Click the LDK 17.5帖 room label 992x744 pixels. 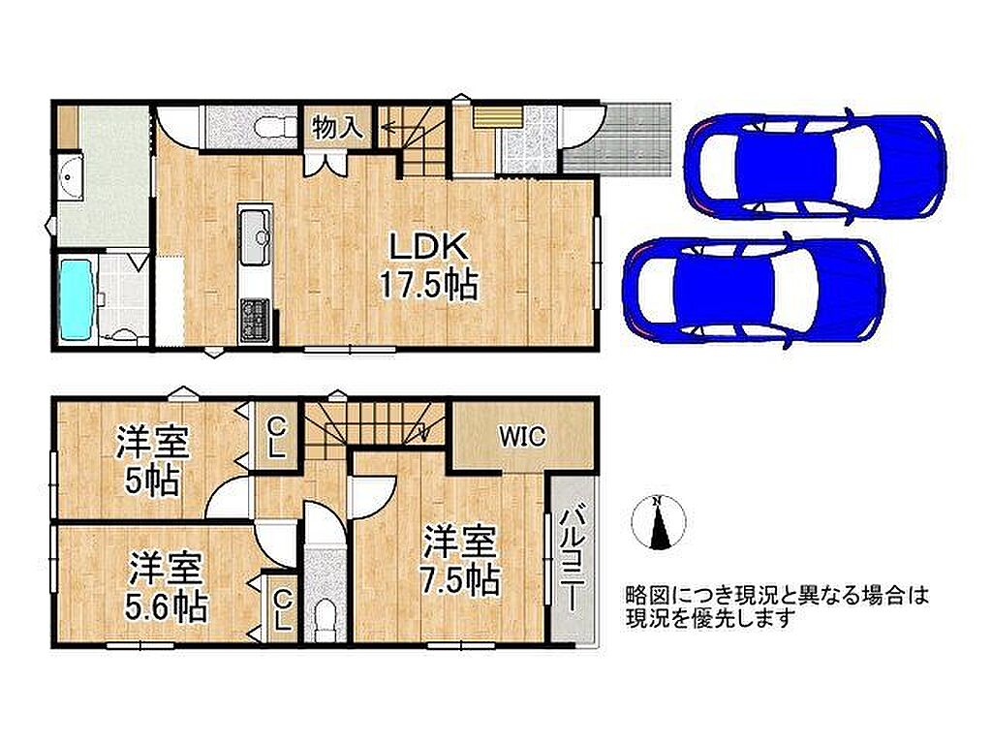[x=427, y=265]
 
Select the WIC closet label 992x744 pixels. [x=522, y=437]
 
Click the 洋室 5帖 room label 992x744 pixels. [x=152, y=462]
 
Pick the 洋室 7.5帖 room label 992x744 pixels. [x=460, y=561]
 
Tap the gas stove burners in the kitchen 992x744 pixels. [x=255, y=319]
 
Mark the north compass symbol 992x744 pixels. [x=659, y=522]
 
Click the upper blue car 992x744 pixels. [x=815, y=166]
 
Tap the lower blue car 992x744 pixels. [x=753, y=291]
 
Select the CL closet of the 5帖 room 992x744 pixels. [x=275, y=437]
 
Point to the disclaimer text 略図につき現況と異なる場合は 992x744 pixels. [x=777, y=596]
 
